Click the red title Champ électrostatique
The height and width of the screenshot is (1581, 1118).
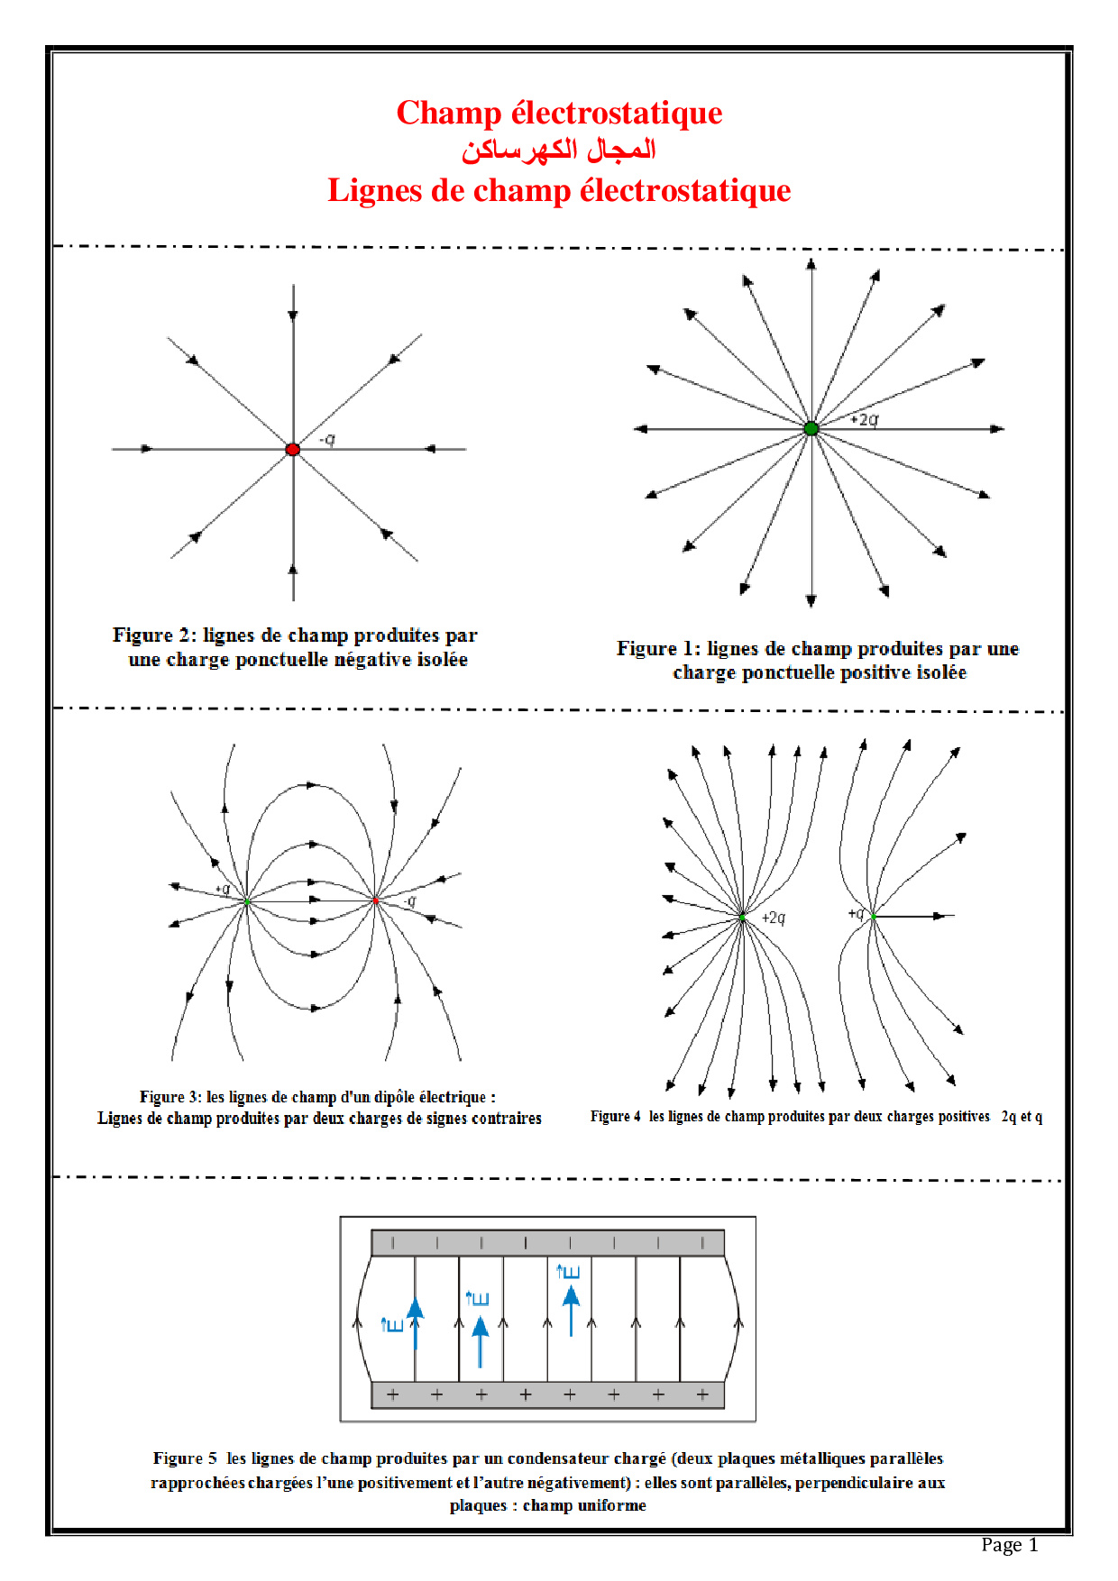tap(559, 114)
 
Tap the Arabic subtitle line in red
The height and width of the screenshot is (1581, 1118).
tap(559, 150)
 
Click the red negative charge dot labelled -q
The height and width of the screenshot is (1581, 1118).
tap(293, 449)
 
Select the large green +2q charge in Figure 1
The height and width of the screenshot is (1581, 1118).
tap(811, 429)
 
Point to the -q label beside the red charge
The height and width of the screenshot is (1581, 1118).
tap(328, 439)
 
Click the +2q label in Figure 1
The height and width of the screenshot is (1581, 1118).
tap(864, 419)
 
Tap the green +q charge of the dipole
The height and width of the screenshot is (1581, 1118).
tap(247, 901)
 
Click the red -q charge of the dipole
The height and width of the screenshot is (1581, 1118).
tap(376, 900)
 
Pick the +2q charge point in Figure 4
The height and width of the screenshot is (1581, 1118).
tap(742, 917)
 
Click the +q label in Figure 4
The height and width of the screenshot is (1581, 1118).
tap(856, 913)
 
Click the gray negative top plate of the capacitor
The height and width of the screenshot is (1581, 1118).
tap(547, 1243)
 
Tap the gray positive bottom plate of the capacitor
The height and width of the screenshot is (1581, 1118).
tap(547, 1394)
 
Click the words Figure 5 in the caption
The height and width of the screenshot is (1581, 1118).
tap(185, 1458)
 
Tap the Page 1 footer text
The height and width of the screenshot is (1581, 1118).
tap(1009, 1545)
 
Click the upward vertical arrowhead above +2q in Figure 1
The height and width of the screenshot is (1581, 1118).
tap(811, 264)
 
